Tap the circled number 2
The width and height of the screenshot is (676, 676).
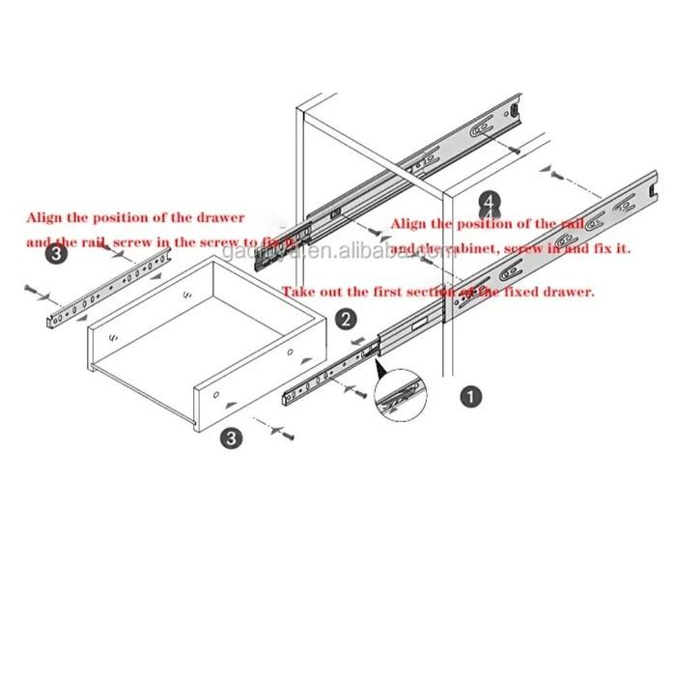tap(343, 319)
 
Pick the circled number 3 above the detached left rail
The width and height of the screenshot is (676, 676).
tap(56, 253)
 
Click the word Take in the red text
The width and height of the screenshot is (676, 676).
tap(296, 291)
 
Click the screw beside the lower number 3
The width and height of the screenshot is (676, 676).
tap(288, 437)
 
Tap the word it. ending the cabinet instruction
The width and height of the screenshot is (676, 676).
tap(619, 248)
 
